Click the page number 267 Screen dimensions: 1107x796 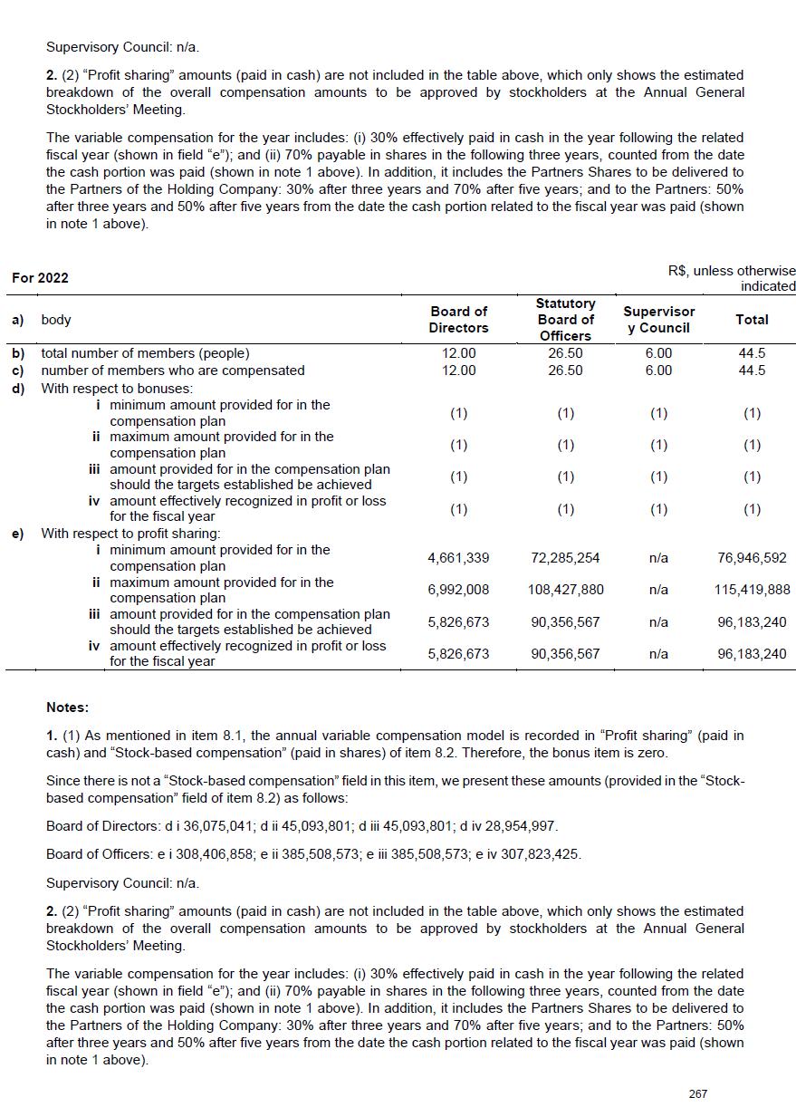[697, 1093]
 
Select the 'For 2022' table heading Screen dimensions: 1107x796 [40, 278]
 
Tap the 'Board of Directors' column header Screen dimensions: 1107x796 [458, 319]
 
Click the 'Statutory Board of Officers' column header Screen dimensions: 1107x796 [565, 319]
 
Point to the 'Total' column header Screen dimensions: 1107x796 [752, 319]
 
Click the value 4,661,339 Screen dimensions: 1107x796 [458, 558]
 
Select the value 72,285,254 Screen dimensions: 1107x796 [565, 558]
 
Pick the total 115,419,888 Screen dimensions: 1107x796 [752, 590]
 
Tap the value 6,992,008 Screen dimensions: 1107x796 [458, 590]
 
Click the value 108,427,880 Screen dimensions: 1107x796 [565, 590]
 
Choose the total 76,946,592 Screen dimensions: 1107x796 [752, 558]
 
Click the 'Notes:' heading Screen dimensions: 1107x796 [67, 707]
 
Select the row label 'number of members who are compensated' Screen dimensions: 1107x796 [173, 371]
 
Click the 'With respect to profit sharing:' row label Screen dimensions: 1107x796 [130, 534]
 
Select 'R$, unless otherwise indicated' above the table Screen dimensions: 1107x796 [732, 278]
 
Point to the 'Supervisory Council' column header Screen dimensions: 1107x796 [658, 319]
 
